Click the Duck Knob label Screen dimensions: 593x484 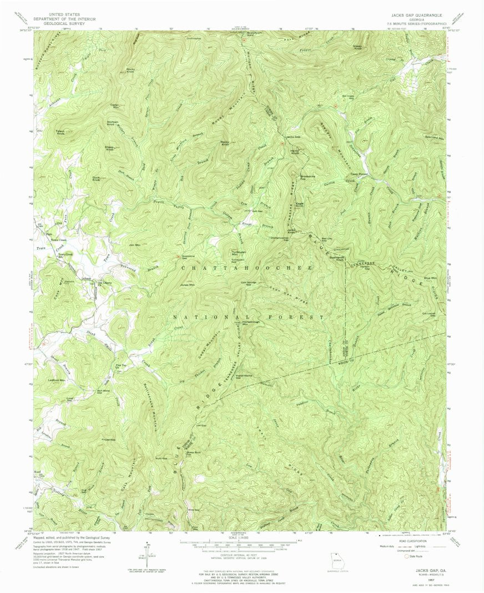point(96,179)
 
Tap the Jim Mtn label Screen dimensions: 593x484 point(133,245)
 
